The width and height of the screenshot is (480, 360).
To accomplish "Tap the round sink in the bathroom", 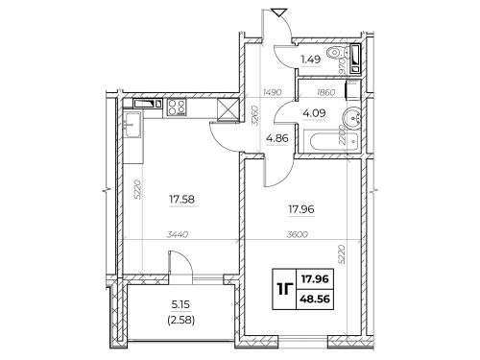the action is (352, 118).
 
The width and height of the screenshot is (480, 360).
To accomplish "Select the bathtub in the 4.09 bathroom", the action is (330, 141).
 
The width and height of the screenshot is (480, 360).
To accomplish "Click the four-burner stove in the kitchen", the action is (177, 107).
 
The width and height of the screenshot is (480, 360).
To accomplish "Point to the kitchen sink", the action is (132, 125).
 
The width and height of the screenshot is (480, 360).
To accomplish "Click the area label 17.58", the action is (181, 200).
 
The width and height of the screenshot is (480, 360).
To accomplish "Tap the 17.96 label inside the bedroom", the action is (301, 209).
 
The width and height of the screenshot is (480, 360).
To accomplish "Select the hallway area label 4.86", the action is (277, 138).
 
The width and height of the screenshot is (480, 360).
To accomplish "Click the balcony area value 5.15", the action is (180, 304).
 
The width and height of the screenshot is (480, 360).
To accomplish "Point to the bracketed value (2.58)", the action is (180, 320).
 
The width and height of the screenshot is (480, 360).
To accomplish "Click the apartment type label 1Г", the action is (285, 289).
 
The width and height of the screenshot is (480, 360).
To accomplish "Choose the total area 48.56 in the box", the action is (315, 300).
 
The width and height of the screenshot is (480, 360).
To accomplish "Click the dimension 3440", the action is (178, 234).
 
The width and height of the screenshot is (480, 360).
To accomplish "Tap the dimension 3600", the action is (298, 234).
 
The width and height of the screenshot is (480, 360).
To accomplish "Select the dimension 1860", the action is (325, 92).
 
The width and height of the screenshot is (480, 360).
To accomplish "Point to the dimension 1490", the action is (273, 92).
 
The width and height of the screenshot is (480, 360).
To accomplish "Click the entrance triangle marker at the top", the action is (277, 13).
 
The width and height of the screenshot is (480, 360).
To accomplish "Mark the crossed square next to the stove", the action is (228, 109).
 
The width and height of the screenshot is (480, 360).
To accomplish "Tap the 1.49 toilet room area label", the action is (310, 60).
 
